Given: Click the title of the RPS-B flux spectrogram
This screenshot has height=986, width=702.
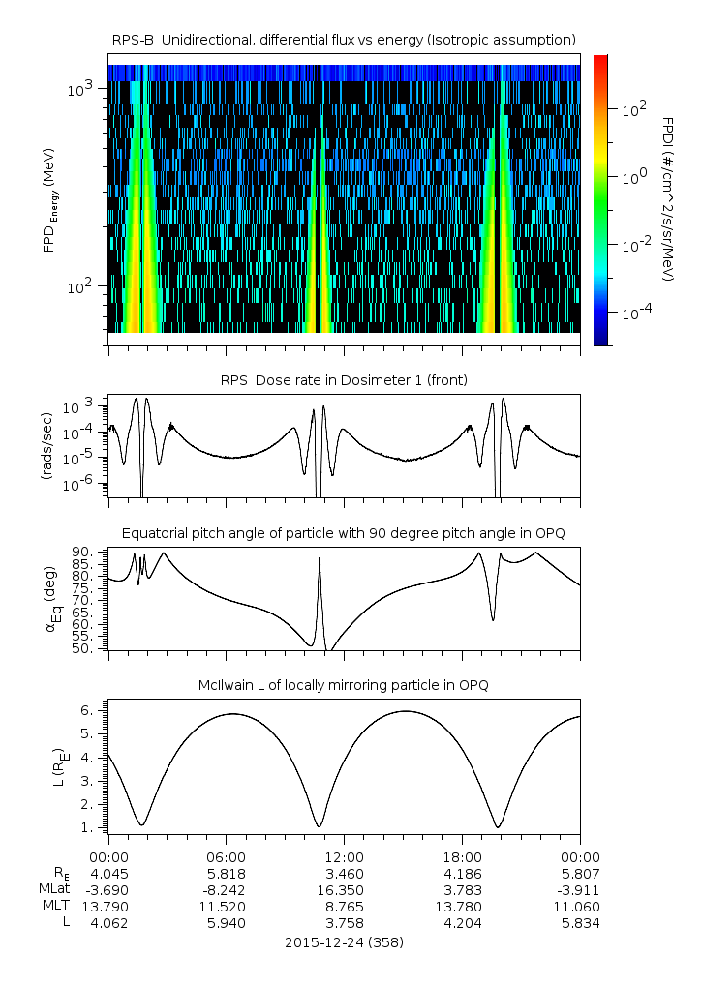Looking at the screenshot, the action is [x=344, y=41].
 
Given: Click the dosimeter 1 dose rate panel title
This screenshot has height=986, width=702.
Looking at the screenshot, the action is [x=344, y=380].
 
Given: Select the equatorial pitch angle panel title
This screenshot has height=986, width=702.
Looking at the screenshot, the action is [x=344, y=534].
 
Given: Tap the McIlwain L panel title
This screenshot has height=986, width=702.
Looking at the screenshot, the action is [x=344, y=685].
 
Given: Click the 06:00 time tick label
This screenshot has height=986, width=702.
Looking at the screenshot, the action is [x=227, y=857].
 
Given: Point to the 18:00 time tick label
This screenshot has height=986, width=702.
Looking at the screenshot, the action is [x=462, y=857].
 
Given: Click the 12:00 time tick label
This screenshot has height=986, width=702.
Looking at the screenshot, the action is [x=344, y=857].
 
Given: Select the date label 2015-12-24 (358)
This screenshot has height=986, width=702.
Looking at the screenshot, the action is [x=344, y=942].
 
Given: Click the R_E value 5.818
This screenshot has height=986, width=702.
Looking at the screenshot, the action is [x=227, y=874].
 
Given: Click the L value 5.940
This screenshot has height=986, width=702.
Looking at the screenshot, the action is [x=227, y=924].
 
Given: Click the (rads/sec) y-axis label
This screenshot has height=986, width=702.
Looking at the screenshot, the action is [x=46, y=446].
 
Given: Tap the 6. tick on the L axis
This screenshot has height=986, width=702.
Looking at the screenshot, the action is [x=87, y=710].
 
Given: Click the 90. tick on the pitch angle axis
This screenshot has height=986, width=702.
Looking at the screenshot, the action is [x=83, y=553].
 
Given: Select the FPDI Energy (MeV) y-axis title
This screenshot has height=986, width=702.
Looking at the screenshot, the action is [x=50, y=200].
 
